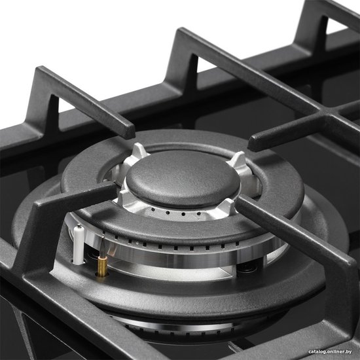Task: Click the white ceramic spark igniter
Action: pyautogui.click(x=79, y=245)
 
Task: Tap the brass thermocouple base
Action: pyautogui.click(x=102, y=266)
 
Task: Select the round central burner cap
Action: pyautogui.click(x=183, y=179)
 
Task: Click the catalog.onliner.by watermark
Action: pyautogui.click(x=330, y=351)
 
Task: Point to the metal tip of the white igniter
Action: pyautogui.click(x=79, y=226)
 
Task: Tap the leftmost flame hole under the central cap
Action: pyautogui.click(x=153, y=210)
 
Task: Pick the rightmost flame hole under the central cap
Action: pyautogui.click(x=199, y=214)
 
